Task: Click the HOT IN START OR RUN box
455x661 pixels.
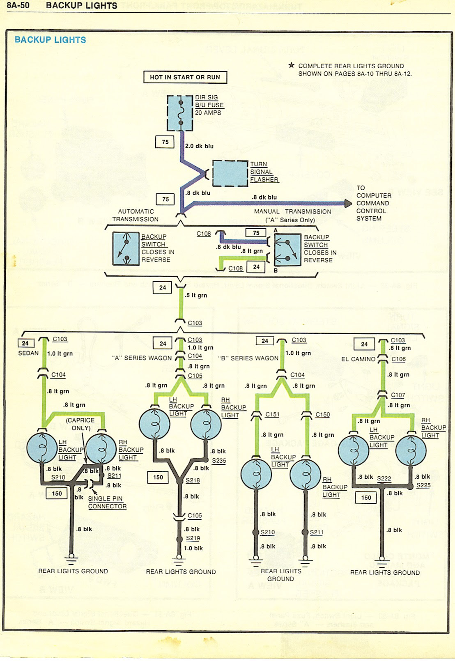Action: [x=185, y=77]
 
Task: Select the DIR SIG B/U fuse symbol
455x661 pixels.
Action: [x=180, y=113]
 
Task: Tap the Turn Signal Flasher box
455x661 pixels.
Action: [x=230, y=173]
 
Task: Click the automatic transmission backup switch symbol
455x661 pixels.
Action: [x=126, y=249]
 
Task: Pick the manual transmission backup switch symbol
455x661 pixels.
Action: [x=287, y=249]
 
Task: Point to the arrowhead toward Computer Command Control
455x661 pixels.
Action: [x=348, y=203]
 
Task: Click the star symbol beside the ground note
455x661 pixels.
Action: [x=292, y=65]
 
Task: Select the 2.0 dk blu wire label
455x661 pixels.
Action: [x=199, y=146]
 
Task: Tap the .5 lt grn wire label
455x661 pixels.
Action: [x=196, y=295]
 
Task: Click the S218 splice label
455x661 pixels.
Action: [x=193, y=480]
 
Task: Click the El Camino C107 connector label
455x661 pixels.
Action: [x=398, y=395]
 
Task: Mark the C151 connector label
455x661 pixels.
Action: [x=272, y=415]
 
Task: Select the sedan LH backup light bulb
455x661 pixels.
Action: [x=42, y=448]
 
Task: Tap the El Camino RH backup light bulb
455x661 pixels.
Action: [x=411, y=450]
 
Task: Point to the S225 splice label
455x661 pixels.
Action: [x=423, y=485]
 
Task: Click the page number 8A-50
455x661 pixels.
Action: [x=18, y=6]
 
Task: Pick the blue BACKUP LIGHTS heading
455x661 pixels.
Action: [x=50, y=40]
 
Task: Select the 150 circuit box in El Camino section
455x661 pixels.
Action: [x=366, y=498]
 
